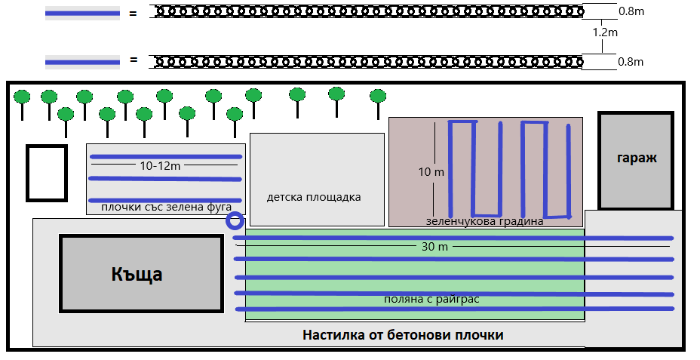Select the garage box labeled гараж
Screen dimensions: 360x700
click(x=636, y=159)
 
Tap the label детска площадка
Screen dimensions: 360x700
click(x=314, y=197)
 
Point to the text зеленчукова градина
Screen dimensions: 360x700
click(x=484, y=221)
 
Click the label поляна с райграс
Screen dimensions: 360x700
click(x=431, y=300)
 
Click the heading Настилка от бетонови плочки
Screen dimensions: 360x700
click(x=402, y=334)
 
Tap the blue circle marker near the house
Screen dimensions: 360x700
click(x=235, y=220)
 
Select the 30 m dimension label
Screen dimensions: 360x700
click(x=429, y=246)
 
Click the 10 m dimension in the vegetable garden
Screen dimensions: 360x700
click(x=431, y=172)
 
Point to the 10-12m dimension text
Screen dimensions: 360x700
click(x=160, y=165)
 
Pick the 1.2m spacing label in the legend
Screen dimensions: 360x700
click(x=605, y=33)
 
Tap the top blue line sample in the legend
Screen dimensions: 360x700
click(x=82, y=13)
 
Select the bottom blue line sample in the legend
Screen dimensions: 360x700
click(x=82, y=61)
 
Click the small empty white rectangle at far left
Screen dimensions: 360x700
click(x=47, y=173)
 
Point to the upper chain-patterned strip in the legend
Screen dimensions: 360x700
click(x=367, y=11)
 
